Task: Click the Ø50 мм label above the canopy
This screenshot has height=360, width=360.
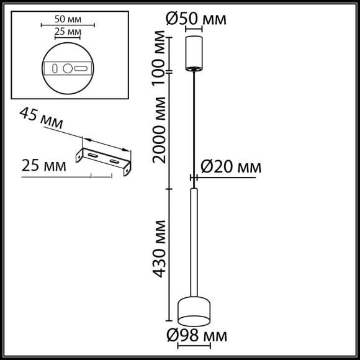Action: coord(196,19)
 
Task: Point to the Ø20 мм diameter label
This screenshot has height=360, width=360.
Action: coord(230,166)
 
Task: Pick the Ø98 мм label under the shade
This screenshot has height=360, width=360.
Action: coord(196,336)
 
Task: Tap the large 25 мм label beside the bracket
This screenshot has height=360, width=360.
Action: coord(44,166)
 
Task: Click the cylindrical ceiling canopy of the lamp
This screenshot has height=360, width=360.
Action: coord(196,52)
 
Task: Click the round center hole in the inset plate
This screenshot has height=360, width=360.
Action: coord(67,68)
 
